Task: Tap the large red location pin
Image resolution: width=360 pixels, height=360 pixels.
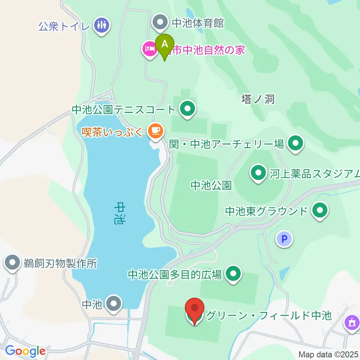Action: (195, 310)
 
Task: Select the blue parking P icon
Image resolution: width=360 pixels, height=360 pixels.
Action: (285, 238)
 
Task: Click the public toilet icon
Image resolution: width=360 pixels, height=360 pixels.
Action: (102, 25)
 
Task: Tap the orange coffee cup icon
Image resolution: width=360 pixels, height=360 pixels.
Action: (155, 131)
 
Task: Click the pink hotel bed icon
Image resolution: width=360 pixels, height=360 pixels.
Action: (149, 49)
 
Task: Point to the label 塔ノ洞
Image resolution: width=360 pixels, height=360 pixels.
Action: (258, 99)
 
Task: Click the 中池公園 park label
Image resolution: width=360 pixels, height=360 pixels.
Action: (211, 185)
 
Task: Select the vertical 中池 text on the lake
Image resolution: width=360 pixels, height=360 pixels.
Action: (119, 213)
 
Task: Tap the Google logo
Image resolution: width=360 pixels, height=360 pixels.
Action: (25, 351)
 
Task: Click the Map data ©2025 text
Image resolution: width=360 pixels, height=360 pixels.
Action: (328, 354)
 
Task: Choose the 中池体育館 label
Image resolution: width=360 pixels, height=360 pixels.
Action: (198, 23)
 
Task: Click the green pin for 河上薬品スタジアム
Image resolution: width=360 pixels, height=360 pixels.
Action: (258, 174)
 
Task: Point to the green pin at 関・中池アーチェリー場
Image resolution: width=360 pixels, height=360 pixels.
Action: (295, 143)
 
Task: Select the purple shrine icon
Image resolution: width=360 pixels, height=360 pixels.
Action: (352, 323)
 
